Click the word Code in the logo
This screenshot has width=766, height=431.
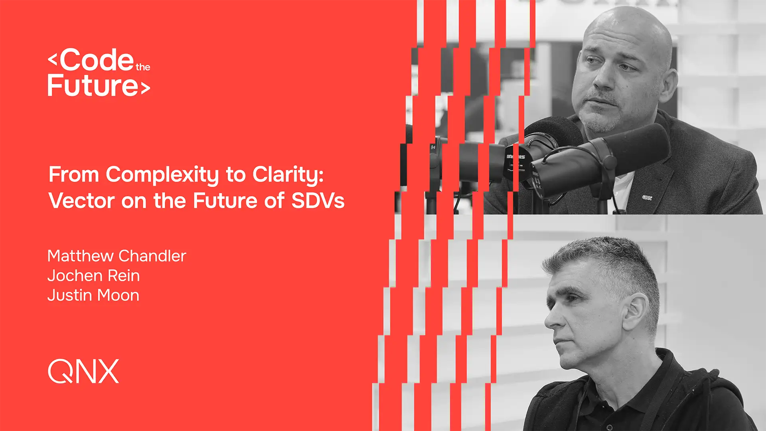pyautogui.click(x=97, y=60)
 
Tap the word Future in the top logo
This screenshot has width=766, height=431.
pyautogui.click(x=93, y=85)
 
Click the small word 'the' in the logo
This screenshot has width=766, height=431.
pyautogui.click(x=143, y=67)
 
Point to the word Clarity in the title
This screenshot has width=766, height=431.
pyautogui.click(x=288, y=175)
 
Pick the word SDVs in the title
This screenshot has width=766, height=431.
pyautogui.click(x=318, y=200)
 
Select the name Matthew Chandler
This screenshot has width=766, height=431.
pyautogui.click(x=117, y=256)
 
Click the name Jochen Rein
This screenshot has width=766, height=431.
pyautogui.click(x=94, y=275)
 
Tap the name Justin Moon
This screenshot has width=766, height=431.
pyautogui.click(x=93, y=295)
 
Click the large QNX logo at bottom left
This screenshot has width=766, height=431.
pyautogui.click(x=83, y=371)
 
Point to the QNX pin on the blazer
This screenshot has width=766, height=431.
pyautogui.click(x=647, y=197)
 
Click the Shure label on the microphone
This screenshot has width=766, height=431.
pyautogui.click(x=515, y=157)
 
